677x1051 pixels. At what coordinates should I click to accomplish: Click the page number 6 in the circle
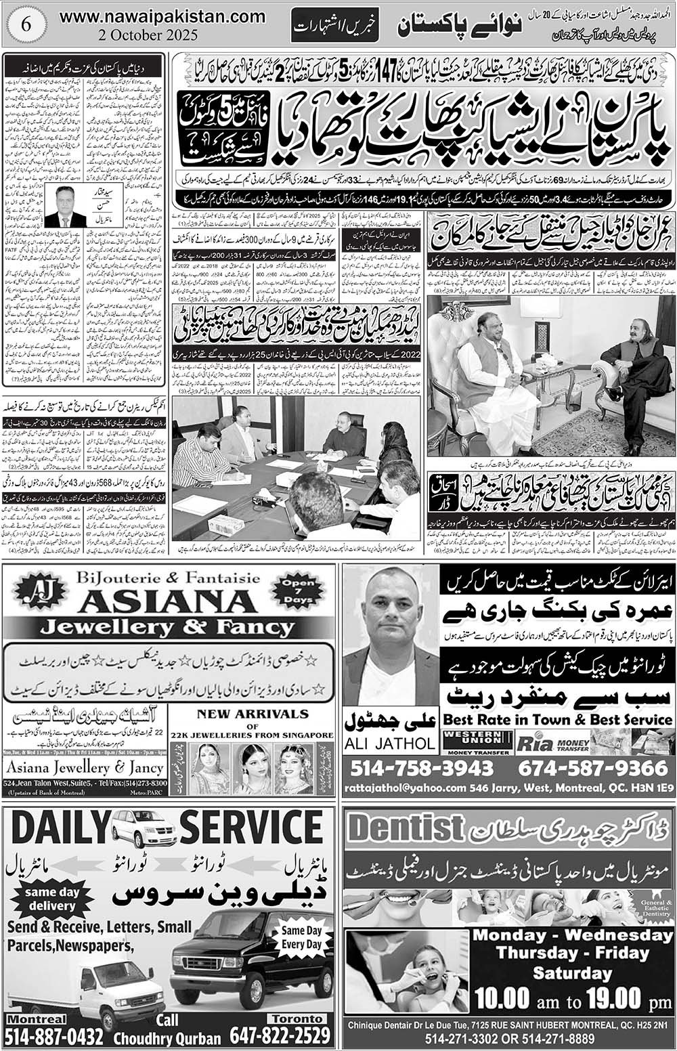click(x=27, y=22)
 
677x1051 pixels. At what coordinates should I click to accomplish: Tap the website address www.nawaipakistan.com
click(x=162, y=14)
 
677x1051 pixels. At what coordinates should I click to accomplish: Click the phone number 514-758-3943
click(x=422, y=768)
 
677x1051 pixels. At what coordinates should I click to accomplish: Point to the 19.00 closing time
click(x=609, y=998)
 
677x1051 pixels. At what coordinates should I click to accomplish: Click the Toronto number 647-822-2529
click(x=280, y=1035)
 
